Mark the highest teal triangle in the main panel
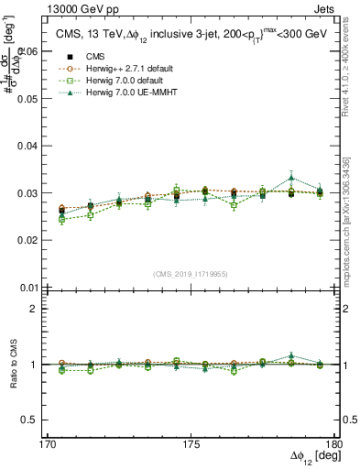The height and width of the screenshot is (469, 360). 291,178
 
